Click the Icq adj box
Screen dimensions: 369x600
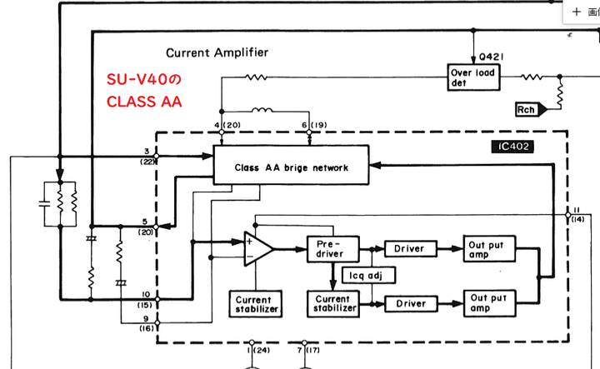click(x=362, y=274)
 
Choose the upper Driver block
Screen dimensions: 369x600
click(x=408, y=248)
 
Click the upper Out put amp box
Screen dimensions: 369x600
click(x=491, y=248)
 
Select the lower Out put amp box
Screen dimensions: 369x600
click(x=491, y=303)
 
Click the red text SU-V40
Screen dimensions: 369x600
click(x=143, y=82)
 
